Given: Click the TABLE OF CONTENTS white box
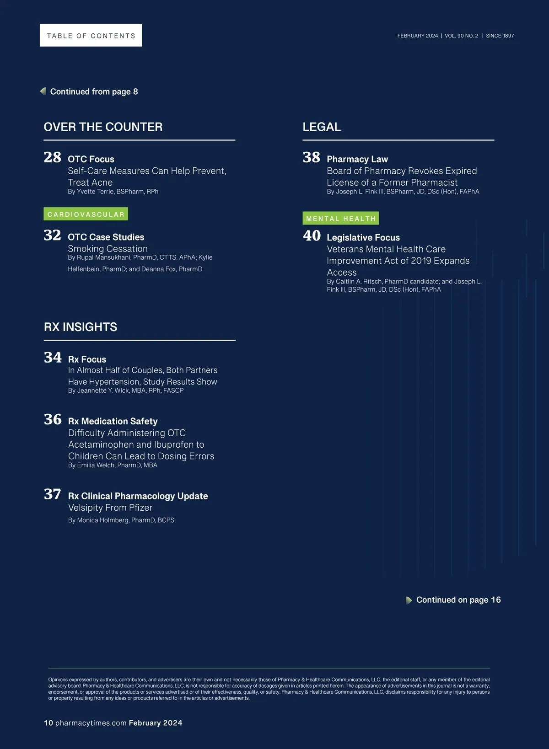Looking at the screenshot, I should pos(91,35).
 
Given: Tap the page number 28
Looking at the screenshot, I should pos(53,157).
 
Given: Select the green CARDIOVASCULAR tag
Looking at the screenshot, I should pos(86,214).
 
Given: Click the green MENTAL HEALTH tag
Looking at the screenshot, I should pos(341,219).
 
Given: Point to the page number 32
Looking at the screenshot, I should pos(53,235).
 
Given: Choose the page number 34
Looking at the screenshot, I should pos(53,358).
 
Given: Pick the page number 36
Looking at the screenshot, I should pos(53,419).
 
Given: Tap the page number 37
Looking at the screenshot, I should pos(53,494).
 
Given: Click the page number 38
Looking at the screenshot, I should pos(312,157).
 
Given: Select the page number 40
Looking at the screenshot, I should pos(312,236).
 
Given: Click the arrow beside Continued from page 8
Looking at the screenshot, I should pos(43,91).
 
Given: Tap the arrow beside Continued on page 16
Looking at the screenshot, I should pos(409,600).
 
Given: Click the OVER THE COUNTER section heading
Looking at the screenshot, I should pos(103,127).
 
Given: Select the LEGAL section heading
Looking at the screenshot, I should pos(322,127).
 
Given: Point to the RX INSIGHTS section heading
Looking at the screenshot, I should pos(81,327).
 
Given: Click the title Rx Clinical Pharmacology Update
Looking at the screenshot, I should pos(138,496).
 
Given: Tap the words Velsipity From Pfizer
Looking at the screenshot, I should pos(110,508).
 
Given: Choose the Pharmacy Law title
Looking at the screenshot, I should pos(357,159).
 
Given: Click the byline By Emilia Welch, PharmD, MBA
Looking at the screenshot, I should pos(113,465).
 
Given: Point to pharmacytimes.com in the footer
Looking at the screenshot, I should pos(91,723).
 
